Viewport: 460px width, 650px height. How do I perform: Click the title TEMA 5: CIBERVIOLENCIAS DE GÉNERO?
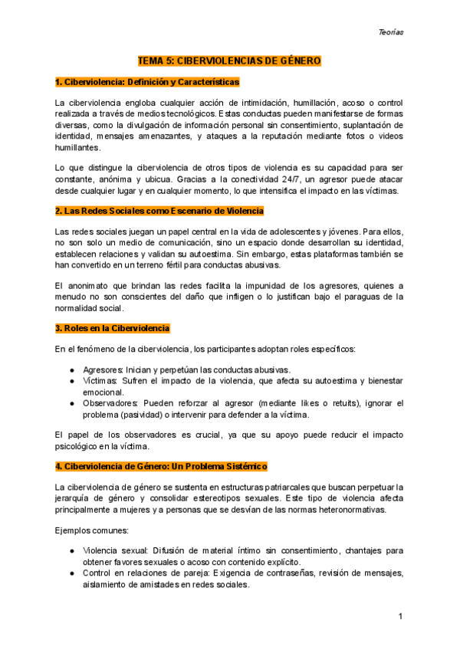point(229,60)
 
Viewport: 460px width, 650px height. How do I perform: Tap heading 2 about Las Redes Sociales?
point(159,210)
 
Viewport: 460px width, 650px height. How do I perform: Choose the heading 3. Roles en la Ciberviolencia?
point(113,328)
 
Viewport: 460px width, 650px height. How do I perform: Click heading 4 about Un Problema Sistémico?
point(161,465)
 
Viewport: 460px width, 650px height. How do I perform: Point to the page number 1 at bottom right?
point(401,617)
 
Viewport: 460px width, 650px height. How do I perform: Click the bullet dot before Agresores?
point(71,369)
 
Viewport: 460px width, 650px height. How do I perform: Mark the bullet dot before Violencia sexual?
point(71,550)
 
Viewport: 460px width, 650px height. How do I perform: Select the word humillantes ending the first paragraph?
point(77,147)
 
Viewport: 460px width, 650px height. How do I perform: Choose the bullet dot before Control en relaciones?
point(71,573)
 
